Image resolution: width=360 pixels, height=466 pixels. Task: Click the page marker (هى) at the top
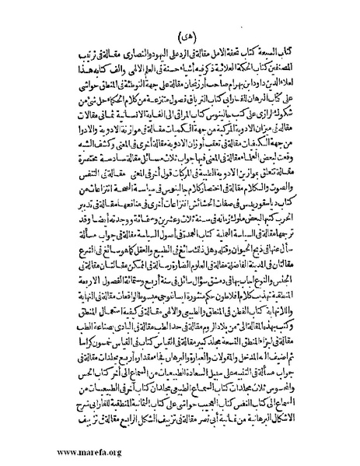point(180,37)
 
